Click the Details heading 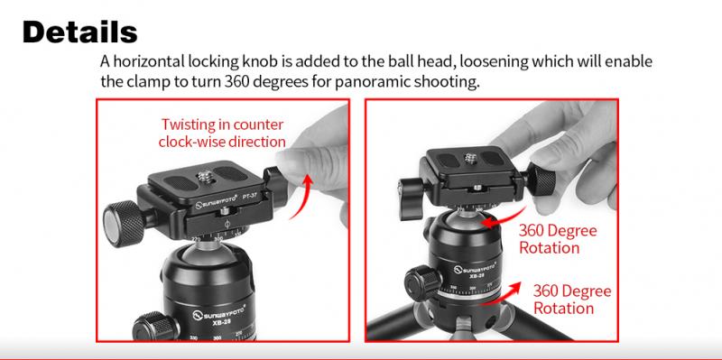click(x=79, y=32)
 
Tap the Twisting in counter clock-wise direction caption click(x=222, y=133)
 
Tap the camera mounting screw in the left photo click(x=206, y=175)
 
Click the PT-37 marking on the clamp click(x=250, y=196)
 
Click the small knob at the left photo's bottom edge click(x=155, y=327)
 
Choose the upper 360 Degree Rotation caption click(x=558, y=239)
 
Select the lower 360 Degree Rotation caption click(x=572, y=300)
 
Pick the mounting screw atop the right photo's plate click(x=470, y=159)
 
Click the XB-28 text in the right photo click(x=477, y=277)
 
